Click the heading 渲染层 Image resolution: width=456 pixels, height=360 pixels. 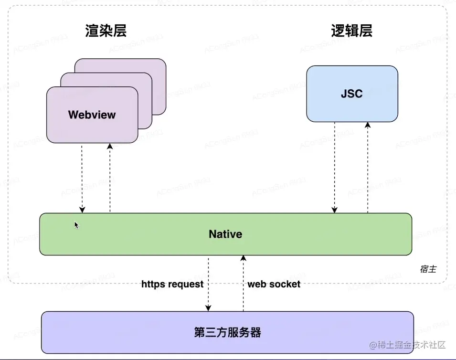(x=106, y=31)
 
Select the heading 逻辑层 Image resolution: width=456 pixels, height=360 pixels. (x=351, y=31)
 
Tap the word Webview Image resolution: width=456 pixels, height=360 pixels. (x=92, y=115)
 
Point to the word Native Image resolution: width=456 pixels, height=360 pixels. (x=225, y=234)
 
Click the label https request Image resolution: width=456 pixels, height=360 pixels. (x=172, y=284)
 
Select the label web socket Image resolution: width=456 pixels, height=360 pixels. (x=274, y=284)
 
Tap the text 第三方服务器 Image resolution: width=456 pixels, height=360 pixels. (x=227, y=332)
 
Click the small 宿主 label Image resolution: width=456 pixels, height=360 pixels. (x=428, y=270)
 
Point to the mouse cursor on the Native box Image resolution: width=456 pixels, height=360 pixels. (x=76, y=224)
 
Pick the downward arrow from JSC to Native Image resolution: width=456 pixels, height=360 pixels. (x=335, y=167)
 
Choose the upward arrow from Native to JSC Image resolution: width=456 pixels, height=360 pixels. (x=368, y=167)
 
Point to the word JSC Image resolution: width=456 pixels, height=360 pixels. (x=352, y=94)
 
